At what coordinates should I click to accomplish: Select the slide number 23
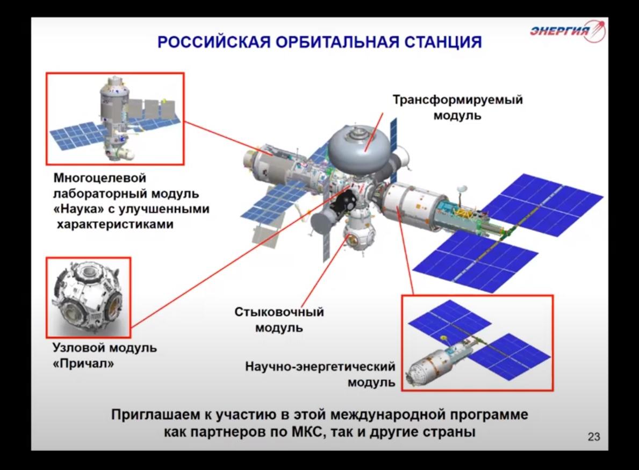pos(594,437)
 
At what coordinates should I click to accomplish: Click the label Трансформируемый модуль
pos(457,108)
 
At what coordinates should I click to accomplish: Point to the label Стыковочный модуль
pos(279,319)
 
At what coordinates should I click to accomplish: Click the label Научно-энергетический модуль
pos(320,374)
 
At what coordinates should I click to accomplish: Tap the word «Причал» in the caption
pos(83,363)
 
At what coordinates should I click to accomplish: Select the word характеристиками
pos(115,224)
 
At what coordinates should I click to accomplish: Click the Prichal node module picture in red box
pos(88,297)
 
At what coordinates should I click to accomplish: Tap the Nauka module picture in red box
pos(115,119)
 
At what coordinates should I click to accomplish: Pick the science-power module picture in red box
pos(477,343)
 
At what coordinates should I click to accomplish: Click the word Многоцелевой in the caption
pos(100,178)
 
